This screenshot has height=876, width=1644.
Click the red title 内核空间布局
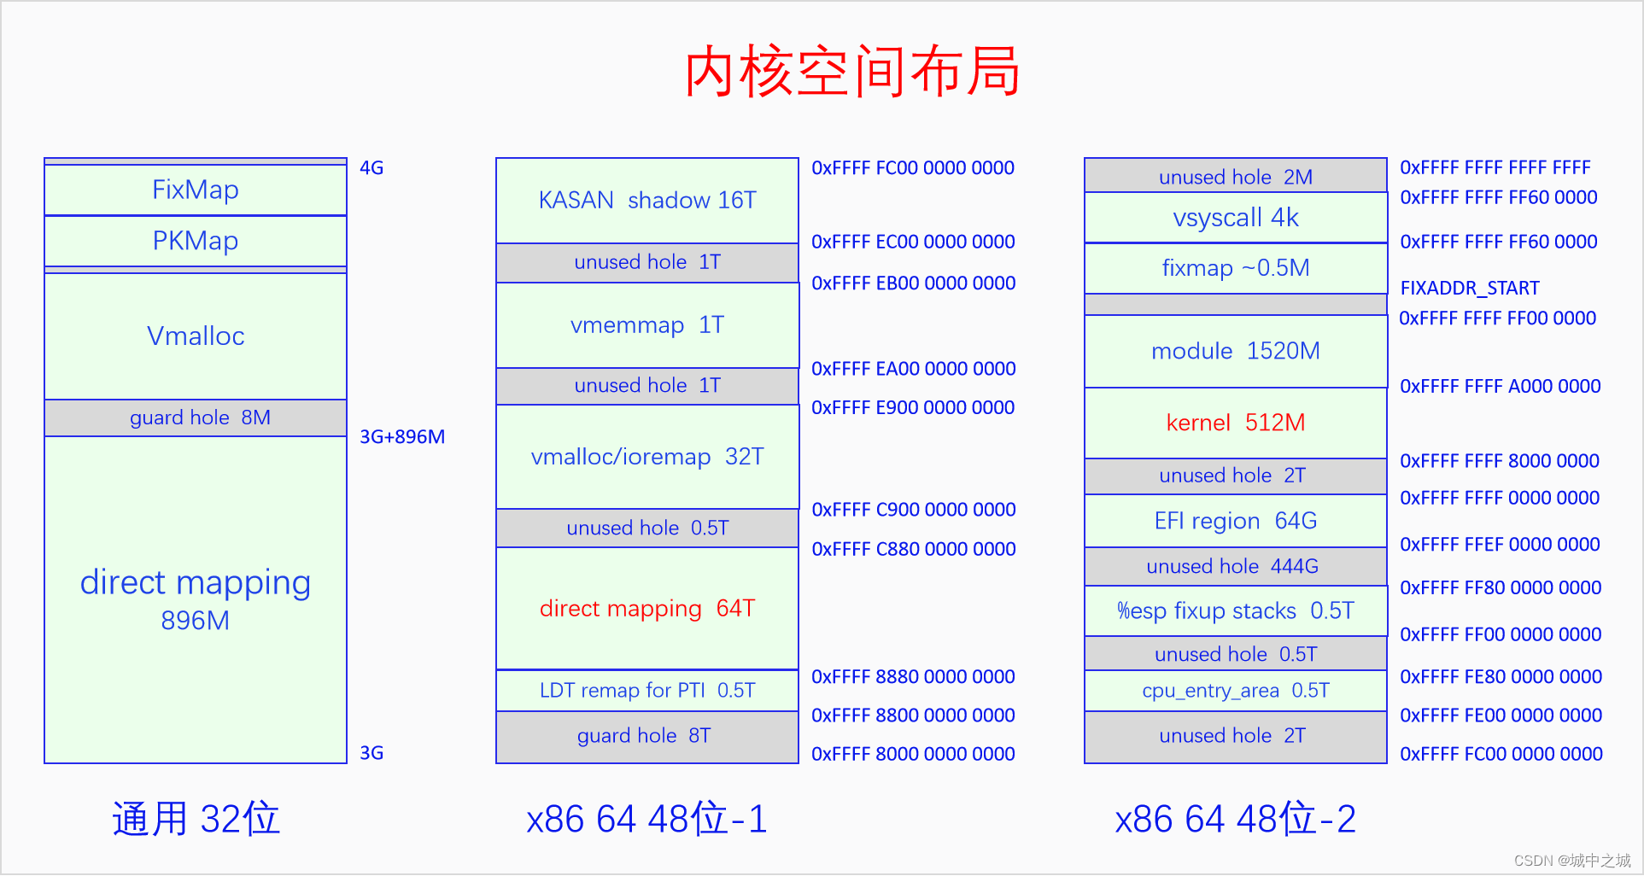851,71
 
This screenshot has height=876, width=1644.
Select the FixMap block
196,190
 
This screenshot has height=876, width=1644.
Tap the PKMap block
196,241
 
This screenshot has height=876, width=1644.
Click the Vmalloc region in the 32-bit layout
196,336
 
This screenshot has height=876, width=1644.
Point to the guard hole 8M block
196,418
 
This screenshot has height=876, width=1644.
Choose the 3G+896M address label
402,437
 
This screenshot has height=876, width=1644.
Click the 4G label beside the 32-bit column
372,167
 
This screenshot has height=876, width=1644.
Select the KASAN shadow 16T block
647,201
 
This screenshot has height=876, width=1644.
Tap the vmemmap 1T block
647,325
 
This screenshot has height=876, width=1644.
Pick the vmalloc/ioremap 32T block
647,457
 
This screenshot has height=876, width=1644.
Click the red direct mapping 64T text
647,608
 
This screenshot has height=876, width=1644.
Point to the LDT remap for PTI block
647,690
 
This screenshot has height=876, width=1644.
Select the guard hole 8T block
647,737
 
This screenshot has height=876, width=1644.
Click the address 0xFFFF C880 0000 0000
914,549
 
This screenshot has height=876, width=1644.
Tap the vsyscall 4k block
1236,218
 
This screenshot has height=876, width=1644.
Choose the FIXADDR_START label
1470,288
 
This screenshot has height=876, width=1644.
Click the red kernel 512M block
1236,423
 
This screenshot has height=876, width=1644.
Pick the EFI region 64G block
1236,521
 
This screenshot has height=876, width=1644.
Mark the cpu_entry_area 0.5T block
1236,691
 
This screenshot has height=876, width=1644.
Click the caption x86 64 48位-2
1236,819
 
